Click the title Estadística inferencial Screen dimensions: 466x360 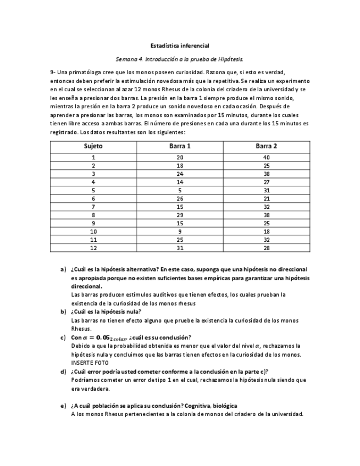(x=180, y=46)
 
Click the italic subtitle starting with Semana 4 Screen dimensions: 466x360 (x=180, y=59)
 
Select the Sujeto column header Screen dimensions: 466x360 (x=93, y=146)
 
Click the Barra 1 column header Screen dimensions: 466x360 (x=180, y=146)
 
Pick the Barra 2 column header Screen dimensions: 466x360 (x=266, y=146)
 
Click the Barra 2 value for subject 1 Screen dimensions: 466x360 (x=266, y=157)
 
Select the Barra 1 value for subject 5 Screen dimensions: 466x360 (x=180, y=190)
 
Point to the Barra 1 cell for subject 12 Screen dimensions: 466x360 (x=180, y=248)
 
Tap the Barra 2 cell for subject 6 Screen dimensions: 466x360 (x=266, y=198)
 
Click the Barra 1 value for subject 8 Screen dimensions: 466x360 (x=180, y=215)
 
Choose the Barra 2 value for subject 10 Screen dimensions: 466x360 (x=266, y=231)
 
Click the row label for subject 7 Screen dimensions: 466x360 (x=93, y=207)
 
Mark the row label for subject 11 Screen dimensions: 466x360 (x=93, y=240)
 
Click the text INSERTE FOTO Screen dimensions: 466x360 (x=90, y=363)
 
